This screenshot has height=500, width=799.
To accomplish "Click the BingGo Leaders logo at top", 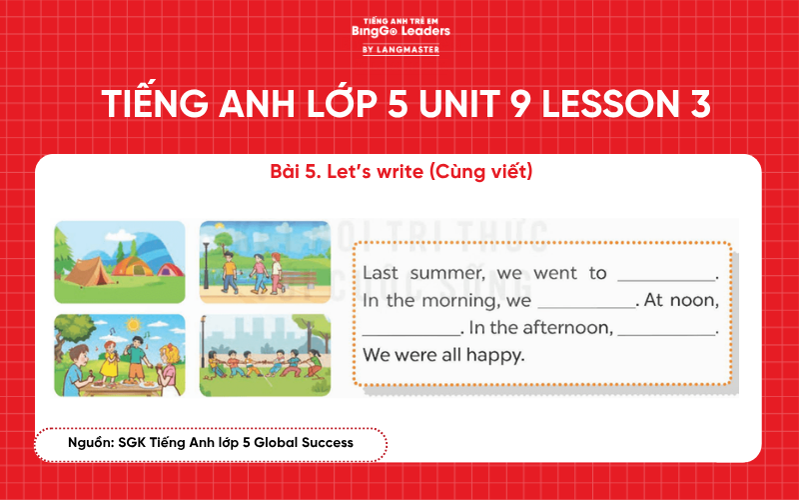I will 400,34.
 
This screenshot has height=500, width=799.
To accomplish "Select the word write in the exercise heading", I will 398,172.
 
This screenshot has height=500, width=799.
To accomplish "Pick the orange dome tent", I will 133,265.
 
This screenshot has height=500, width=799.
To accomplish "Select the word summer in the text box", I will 431,273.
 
